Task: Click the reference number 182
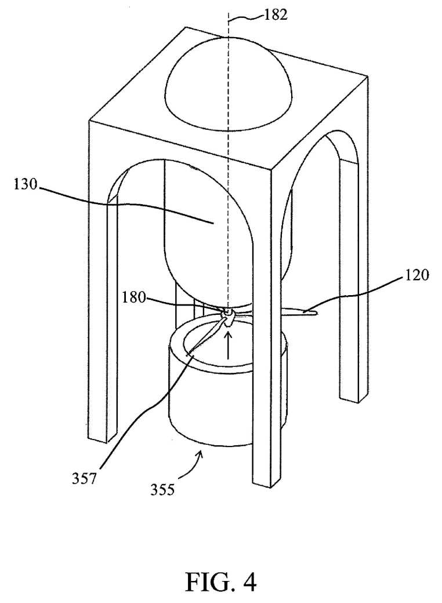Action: click(x=276, y=14)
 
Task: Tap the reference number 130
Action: click(x=26, y=184)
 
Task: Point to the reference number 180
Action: click(x=134, y=297)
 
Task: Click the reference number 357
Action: click(x=85, y=479)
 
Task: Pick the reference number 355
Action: click(x=162, y=489)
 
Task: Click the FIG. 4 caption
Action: click(x=221, y=582)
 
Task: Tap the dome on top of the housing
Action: click(x=229, y=85)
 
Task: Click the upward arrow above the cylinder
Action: click(x=229, y=346)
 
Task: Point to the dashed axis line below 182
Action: click(x=229, y=162)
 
